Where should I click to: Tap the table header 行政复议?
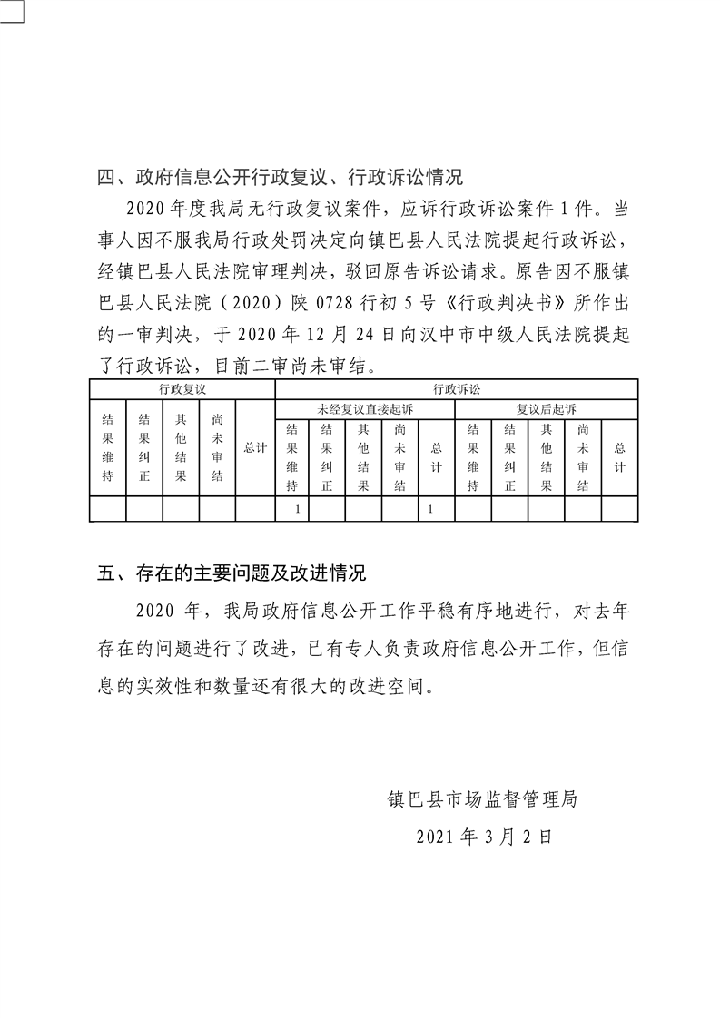click(x=182, y=388)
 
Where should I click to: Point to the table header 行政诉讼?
click(x=456, y=388)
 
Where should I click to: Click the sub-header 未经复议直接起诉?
click(x=364, y=409)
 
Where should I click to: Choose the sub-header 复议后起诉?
click(x=546, y=409)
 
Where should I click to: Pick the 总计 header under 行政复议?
click(x=255, y=448)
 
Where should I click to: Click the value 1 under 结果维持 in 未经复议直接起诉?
click(x=298, y=510)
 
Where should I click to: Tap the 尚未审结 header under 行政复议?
click(x=218, y=448)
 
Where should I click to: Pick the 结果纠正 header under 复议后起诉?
click(x=510, y=457)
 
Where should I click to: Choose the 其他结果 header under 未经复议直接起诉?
click(x=363, y=457)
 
